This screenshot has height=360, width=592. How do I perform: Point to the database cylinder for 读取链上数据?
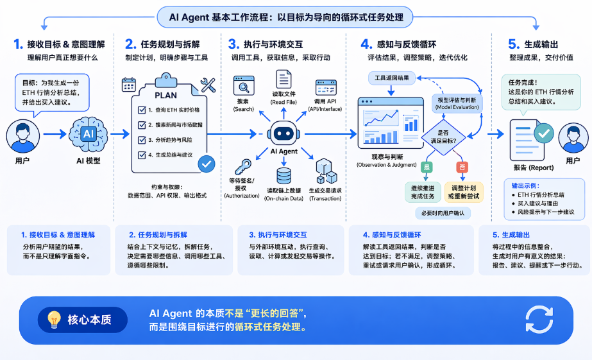coord(283,176)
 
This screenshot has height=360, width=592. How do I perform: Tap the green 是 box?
coord(427,167)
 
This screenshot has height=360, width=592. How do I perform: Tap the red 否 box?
coord(462,167)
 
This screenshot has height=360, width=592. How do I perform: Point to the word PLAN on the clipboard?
coord(166,96)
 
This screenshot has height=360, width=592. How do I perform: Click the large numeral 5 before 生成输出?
coord(513,44)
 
